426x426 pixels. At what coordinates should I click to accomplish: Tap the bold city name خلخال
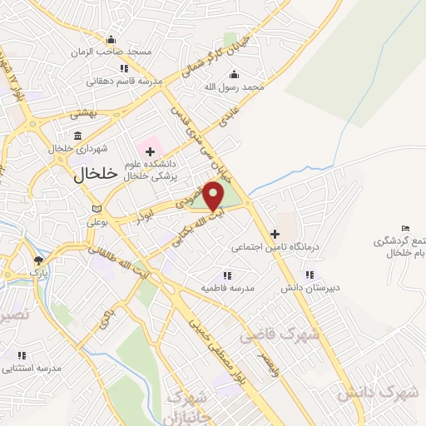[x=86, y=175]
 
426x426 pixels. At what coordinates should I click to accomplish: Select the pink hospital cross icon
[x=150, y=151]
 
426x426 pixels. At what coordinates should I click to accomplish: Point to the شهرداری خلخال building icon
[x=77, y=136]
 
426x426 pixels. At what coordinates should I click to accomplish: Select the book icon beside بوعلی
[x=97, y=208]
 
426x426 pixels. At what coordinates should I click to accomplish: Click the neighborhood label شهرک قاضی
[x=269, y=334]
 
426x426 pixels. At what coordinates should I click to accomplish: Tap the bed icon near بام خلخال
[x=405, y=229]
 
